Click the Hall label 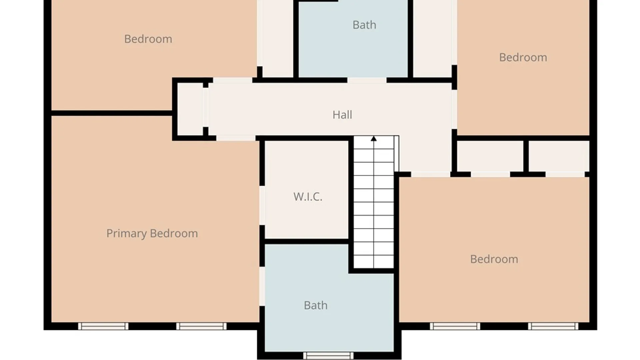[342, 115]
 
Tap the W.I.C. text [308, 197]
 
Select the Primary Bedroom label [152, 233]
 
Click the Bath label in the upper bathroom [364, 25]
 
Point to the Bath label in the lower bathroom [316, 305]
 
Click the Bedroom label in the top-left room [148, 39]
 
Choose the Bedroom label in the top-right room [523, 57]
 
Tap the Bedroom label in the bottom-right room [494, 259]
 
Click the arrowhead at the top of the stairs [374, 138]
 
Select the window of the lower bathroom [328, 355]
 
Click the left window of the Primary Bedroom [103, 326]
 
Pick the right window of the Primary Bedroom [201, 326]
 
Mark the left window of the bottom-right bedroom [455, 326]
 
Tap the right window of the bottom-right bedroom [553, 326]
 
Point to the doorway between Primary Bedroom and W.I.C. [262, 205]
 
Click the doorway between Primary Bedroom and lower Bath [262, 286]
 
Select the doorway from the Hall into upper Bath [367, 80]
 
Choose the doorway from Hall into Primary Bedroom [236, 138]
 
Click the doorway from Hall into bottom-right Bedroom [431, 174]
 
